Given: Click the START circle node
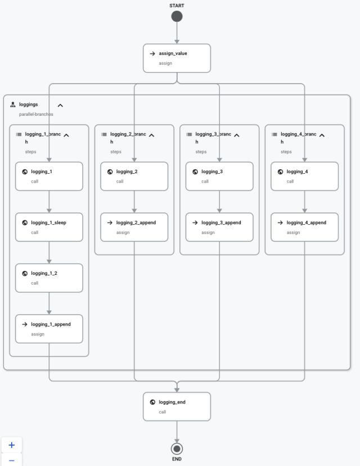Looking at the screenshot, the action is tap(177, 16).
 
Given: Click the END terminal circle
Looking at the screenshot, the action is tap(177, 449).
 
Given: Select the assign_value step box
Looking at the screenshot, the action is tap(177, 58).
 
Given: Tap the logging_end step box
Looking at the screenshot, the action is tap(177, 406).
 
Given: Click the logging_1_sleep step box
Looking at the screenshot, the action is tap(49, 227).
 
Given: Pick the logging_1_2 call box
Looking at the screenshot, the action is tap(49, 278).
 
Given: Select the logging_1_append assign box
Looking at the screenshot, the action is tap(49, 329).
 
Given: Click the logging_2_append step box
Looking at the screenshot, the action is tap(134, 227).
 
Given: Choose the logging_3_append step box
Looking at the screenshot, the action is tap(219, 227).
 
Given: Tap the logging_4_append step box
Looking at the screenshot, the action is tap(304, 227).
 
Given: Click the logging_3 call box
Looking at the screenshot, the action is tap(219, 177).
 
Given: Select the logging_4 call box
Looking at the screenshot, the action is tap(304, 177).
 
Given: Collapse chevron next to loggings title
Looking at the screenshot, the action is tap(60, 105).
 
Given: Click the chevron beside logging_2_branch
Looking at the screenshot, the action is tap(152, 135).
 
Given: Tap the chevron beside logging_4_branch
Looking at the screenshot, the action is tap(322, 135).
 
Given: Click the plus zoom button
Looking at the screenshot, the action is tap(12, 445).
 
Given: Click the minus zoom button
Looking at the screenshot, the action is tap(12, 460).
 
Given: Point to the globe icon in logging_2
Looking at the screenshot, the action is tap(110, 171).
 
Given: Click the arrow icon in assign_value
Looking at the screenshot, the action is tap(152, 53).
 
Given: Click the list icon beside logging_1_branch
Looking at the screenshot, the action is tap(19, 134).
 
